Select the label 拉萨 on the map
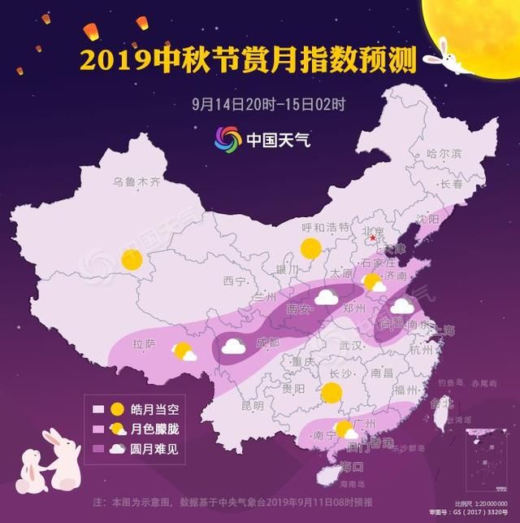145,345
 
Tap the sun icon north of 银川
310,249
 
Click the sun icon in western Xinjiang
132,260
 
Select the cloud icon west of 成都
233,346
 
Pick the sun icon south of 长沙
331,393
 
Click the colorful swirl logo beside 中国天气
227,137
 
